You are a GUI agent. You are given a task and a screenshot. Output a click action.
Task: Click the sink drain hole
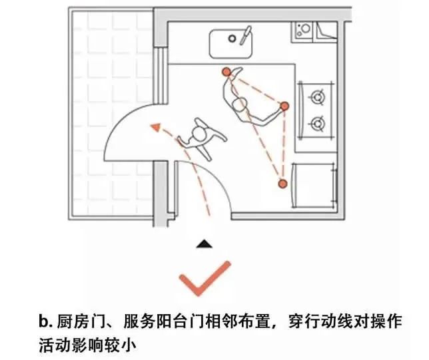coord(232,39)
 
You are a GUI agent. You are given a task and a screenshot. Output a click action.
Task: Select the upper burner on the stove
coord(318,98)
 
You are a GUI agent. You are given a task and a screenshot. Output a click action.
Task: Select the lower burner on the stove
coord(318,123)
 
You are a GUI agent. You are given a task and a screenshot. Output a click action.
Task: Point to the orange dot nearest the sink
coord(226,71)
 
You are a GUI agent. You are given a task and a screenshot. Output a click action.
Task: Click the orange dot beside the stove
coord(285,106)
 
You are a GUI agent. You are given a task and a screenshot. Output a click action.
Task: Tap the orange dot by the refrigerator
coord(282,183)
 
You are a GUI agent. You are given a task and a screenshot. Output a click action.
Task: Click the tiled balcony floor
coord(110,67)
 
